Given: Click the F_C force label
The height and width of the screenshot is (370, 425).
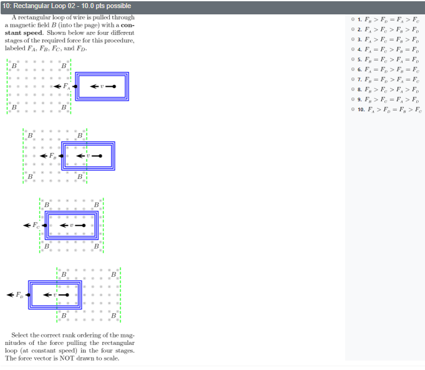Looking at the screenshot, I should point(36,225).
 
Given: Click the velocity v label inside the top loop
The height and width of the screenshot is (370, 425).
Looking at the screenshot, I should point(101,86).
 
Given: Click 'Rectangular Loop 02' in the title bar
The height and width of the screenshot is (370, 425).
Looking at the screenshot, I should point(42,6).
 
